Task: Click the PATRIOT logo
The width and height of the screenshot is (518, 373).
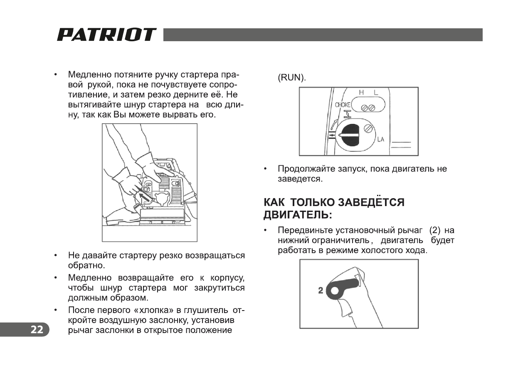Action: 106,35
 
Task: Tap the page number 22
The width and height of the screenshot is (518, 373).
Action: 37,330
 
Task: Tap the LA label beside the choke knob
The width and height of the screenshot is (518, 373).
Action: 380,139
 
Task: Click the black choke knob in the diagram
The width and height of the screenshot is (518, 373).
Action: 350,136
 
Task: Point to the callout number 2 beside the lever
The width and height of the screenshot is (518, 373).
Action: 321,291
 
